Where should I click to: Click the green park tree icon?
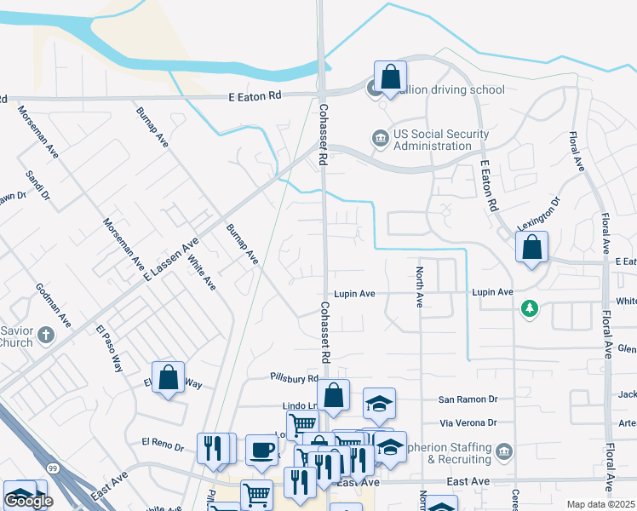(531, 308)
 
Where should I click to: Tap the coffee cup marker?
(261, 449)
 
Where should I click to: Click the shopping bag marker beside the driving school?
(389, 76)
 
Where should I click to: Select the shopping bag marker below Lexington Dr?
(531, 248)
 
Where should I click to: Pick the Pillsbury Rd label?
(294, 377)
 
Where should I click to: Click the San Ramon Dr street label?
(468, 399)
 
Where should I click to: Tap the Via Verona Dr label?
(468, 422)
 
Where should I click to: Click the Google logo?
(29, 501)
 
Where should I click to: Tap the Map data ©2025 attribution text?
(601, 504)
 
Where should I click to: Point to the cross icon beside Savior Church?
(46, 336)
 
